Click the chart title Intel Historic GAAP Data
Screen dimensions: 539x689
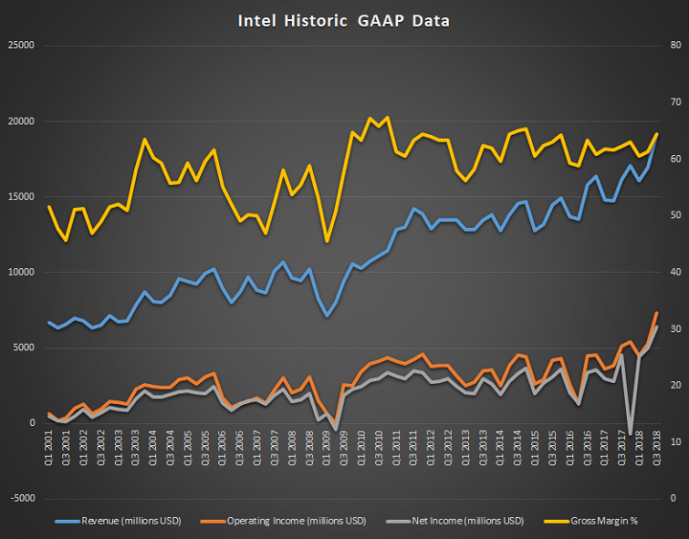point(344,20)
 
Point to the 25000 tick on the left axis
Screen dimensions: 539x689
point(20,46)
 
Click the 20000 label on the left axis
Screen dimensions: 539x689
point(20,122)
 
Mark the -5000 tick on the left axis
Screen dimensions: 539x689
point(20,499)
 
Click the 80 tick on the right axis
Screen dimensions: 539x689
point(674,46)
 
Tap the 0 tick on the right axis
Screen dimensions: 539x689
point(674,499)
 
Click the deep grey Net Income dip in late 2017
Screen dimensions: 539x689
point(630,433)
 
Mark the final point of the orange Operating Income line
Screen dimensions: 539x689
point(656,313)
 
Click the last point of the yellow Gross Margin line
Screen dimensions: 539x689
point(656,134)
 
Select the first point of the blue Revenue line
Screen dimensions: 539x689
point(49,322)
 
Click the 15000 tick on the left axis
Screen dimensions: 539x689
point(20,197)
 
